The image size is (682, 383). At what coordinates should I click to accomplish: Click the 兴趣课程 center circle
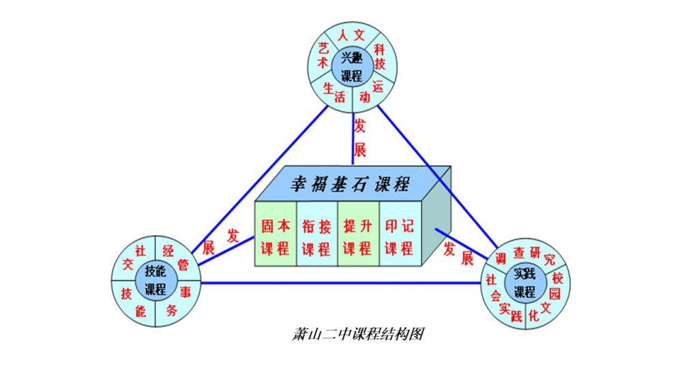pyautogui.click(x=352, y=66)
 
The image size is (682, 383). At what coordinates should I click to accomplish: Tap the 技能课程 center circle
pyautogui.click(x=155, y=280)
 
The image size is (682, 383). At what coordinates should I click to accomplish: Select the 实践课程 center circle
pyautogui.click(x=524, y=283)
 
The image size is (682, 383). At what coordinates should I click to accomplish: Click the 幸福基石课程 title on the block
pyautogui.click(x=350, y=184)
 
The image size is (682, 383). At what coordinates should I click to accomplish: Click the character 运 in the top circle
pyautogui.click(x=379, y=87)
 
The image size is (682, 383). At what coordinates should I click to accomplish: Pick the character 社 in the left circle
pyautogui.click(x=140, y=249)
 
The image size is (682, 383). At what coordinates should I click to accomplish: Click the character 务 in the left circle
pyautogui.click(x=170, y=311)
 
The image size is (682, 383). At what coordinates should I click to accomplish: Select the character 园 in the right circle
pyautogui.click(x=554, y=294)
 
